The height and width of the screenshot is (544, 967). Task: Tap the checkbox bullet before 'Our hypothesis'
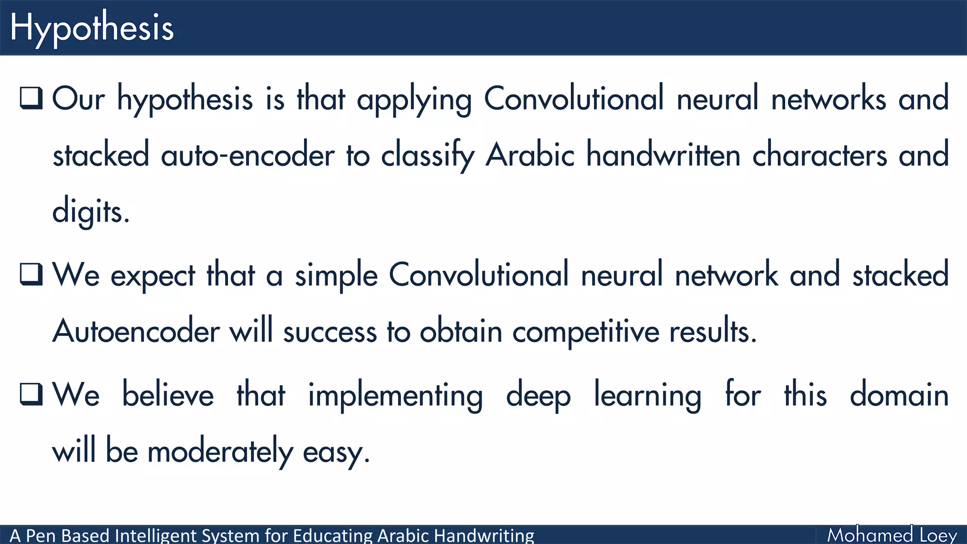[32, 98]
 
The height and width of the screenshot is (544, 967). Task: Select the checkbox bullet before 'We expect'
[32, 274]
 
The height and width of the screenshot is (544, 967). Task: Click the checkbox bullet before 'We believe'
[32, 394]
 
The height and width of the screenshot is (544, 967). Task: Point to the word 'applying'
[414, 100]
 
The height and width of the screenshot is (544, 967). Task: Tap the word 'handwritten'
[663, 155]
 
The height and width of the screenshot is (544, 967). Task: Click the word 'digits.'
[91, 212]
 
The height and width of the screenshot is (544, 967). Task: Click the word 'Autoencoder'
[136, 331]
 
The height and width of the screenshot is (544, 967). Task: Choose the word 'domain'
[899, 395]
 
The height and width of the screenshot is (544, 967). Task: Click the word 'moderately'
[220, 451]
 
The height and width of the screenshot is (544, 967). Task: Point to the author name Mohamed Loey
[892, 535]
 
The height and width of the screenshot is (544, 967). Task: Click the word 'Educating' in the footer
[333, 536]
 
